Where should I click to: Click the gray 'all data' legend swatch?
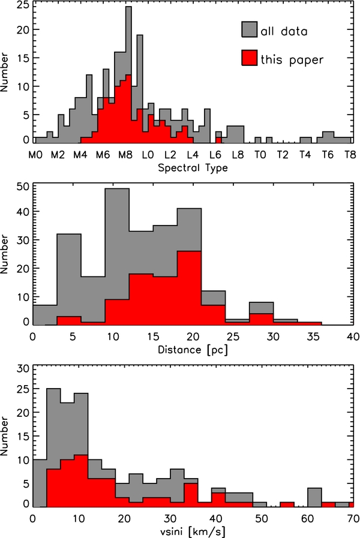[x=249, y=29]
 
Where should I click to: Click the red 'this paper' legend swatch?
[x=249, y=58]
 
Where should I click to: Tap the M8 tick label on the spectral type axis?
[x=125, y=155]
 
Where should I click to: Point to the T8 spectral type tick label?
[x=350, y=155]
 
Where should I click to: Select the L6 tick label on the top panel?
[x=215, y=155]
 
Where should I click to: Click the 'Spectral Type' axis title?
[x=193, y=168]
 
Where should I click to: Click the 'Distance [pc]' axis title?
[x=193, y=350]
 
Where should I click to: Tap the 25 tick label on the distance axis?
[x=233, y=336]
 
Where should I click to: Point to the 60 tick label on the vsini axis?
[x=307, y=518]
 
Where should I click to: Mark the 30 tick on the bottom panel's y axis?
[x=23, y=369]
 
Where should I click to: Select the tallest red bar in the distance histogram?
[x=189, y=288]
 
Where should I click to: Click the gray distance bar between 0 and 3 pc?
[x=44, y=315]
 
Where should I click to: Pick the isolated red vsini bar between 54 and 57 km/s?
[x=287, y=504]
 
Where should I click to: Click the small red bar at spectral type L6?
[x=218, y=140]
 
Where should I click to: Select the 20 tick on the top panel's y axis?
[x=23, y=29]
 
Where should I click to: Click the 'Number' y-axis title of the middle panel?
[x=4, y=254]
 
